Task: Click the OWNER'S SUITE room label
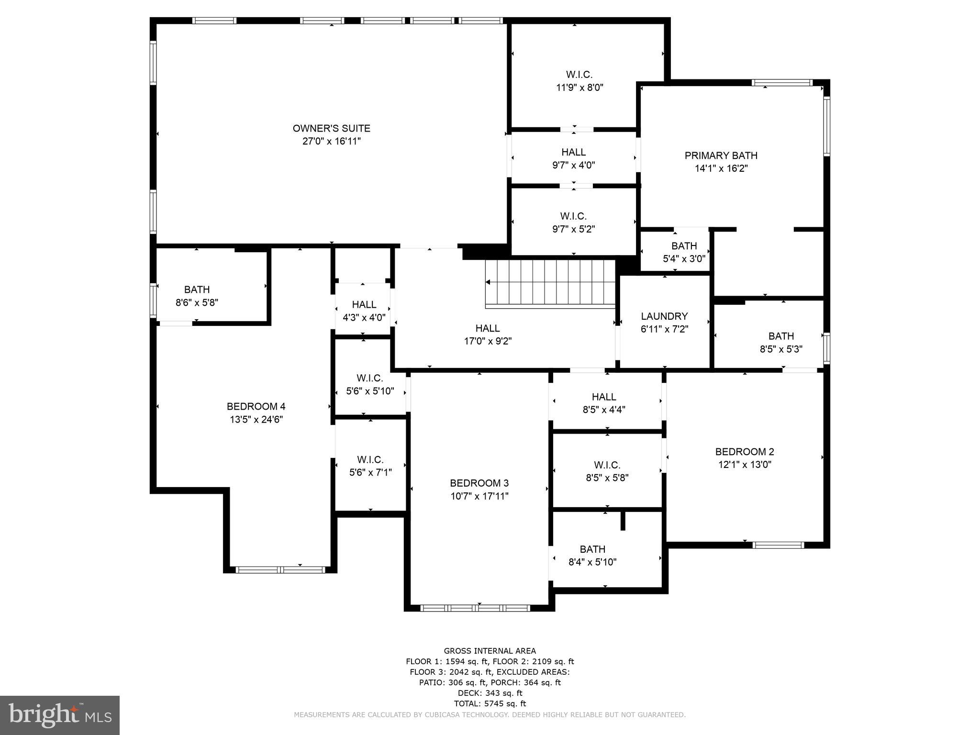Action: [x=331, y=128]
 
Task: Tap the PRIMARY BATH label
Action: [x=721, y=156]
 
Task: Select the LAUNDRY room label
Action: [x=664, y=316]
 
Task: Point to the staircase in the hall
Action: [x=550, y=283]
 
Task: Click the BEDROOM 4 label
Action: [x=256, y=406]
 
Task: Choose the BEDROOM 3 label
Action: [x=479, y=483]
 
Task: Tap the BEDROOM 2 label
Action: [x=744, y=451]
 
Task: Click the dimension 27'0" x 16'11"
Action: [x=331, y=141]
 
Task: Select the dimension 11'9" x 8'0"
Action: [x=579, y=88]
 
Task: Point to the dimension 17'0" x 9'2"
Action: [x=488, y=341]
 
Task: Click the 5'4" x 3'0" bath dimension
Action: [x=684, y=259]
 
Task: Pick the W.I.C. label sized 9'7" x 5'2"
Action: [x=573, y=216]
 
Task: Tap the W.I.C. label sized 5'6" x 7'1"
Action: [x=370, y=460]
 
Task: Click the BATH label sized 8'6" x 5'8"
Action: [x=197, y=290]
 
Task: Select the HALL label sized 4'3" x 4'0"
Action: [x=364, y=304]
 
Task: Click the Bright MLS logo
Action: [x=60, y=715]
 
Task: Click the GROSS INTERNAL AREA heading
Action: [x=490, y=651]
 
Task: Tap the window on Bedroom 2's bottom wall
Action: [x=778, y=545]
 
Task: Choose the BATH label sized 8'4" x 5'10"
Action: [x=592, y=549]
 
